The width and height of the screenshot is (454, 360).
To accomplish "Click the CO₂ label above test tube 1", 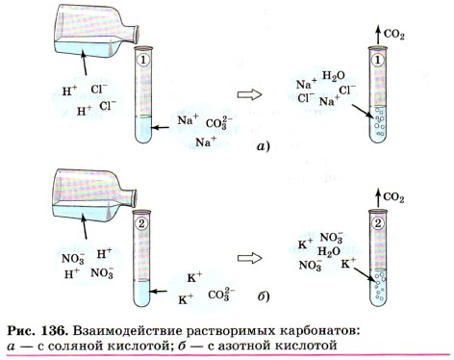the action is point(394,35).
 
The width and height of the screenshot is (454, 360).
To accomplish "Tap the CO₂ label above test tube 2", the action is point(393,197).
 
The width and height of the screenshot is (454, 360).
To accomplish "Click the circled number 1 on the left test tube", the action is point(141,60).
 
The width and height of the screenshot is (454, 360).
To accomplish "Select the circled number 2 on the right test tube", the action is point(378,223).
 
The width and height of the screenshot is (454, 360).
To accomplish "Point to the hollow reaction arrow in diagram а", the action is point(249,95).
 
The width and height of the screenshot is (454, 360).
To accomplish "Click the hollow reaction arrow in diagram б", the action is point(249,258).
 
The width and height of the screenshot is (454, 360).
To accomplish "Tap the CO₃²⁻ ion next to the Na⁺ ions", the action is point(219,123).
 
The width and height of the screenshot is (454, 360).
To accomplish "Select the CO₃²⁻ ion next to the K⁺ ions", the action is point(221,295).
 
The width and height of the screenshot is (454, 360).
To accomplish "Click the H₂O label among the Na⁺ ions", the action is point(334,76).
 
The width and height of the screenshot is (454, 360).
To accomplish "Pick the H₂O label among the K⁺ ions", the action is point(329,252).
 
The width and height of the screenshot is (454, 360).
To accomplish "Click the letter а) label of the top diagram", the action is point(264,146).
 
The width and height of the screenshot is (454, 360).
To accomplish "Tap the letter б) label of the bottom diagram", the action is point(264,296).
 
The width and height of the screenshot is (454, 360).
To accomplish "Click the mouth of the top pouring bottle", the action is point(136,35).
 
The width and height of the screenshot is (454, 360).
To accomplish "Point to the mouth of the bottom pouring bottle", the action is point(135,198).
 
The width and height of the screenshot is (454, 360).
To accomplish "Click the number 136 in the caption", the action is point(54,331).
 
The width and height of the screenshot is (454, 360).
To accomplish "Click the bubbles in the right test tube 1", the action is point(379,121).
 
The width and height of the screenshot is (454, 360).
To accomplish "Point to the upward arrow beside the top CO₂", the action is point(378,36).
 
